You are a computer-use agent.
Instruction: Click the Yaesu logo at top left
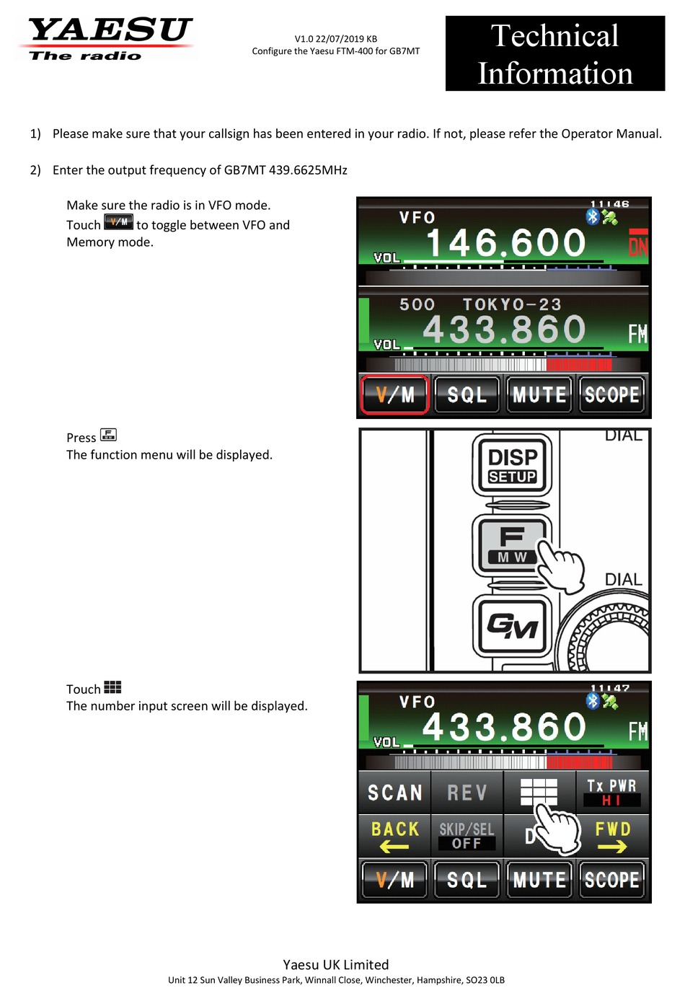pos(108,38)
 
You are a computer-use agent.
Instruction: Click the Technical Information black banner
pos(554,54)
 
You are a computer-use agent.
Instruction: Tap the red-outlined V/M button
pos(395,394)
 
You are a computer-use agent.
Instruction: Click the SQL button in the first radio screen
pos(467,394)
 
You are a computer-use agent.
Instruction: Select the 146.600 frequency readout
pos(505,243)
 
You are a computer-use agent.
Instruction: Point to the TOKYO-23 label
pos(512,304)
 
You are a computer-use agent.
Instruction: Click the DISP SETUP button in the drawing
pos(512,465)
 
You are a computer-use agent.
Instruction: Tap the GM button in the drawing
pos(512,625)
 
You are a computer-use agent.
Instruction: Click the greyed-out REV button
pos(467,793)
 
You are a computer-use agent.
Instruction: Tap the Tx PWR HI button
pos(612,792)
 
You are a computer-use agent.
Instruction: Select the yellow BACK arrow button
pos(395,836)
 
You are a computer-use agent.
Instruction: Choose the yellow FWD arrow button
pos(612,836)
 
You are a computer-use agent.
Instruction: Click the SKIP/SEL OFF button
pos(467,836)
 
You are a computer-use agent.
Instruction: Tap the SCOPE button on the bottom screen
pos(612,880)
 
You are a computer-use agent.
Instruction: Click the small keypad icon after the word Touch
pos(112,687)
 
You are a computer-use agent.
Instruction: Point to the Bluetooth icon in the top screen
pos(593,216)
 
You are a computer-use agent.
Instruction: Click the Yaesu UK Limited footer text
pos(335,964)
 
